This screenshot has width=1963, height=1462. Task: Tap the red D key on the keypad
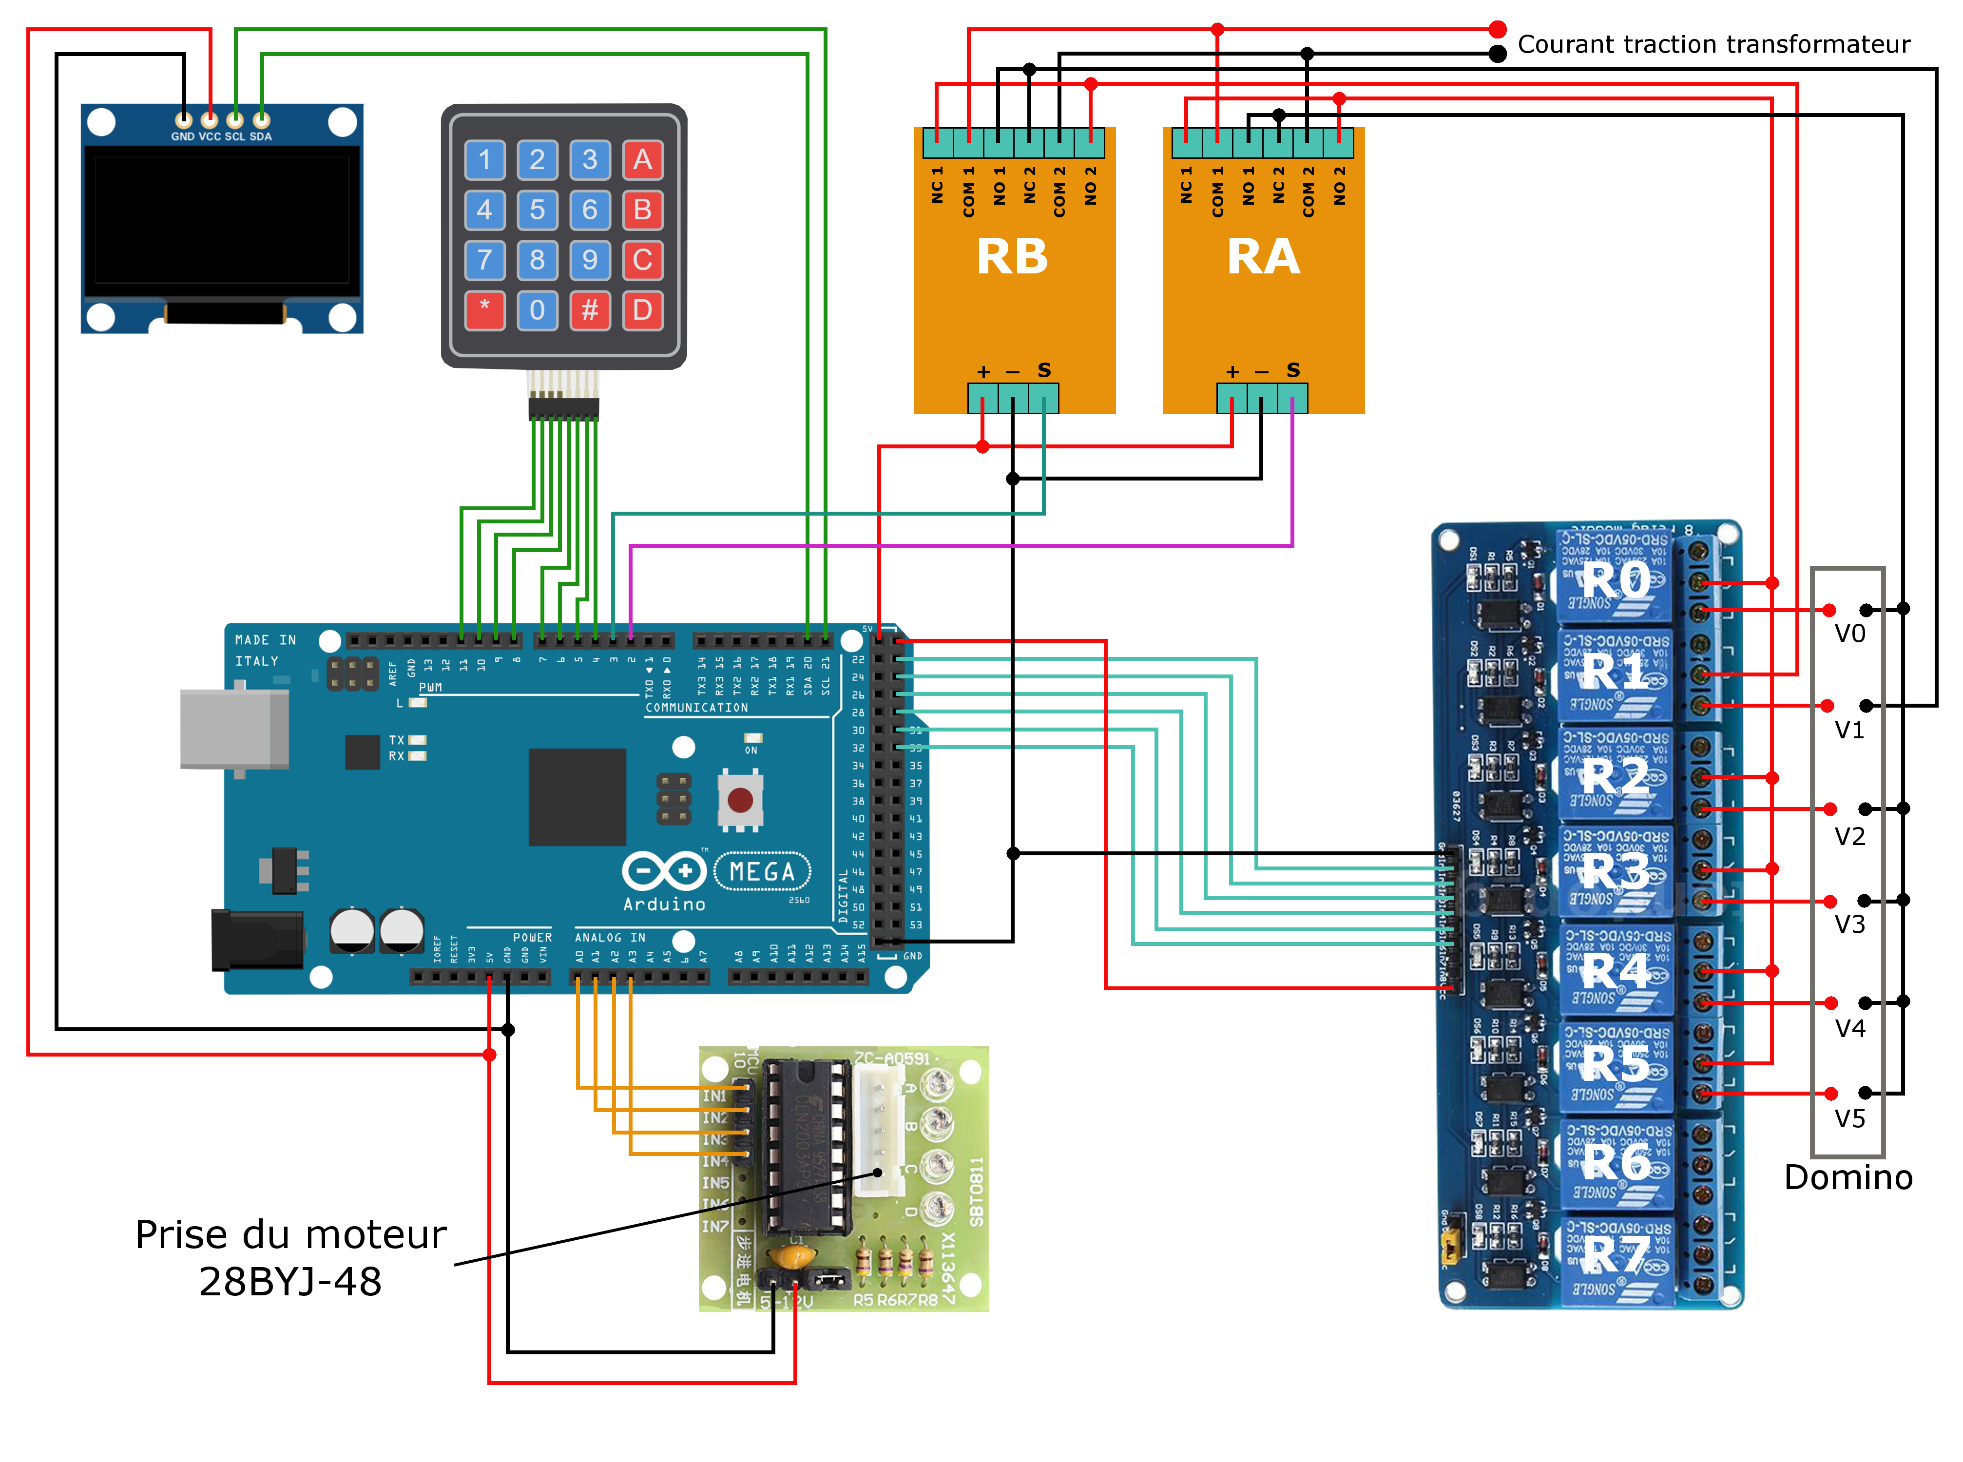[642, 310]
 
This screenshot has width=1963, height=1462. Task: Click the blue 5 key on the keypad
[537, 210]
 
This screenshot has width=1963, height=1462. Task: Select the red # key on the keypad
[589, 310]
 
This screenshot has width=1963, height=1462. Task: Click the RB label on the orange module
[1013, 257]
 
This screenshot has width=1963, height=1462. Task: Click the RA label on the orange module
[1263, 257]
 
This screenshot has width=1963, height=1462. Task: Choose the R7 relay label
[1616, 1255]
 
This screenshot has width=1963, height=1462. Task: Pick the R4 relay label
[1616, 971]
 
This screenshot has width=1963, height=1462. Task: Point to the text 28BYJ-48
[290, 1281]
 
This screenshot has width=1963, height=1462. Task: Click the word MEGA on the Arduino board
[762, 872]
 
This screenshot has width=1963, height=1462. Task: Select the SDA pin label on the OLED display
[261, 136]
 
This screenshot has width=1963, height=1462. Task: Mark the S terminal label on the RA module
[1293, 370]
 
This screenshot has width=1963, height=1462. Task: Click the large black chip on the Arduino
[577, 796]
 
